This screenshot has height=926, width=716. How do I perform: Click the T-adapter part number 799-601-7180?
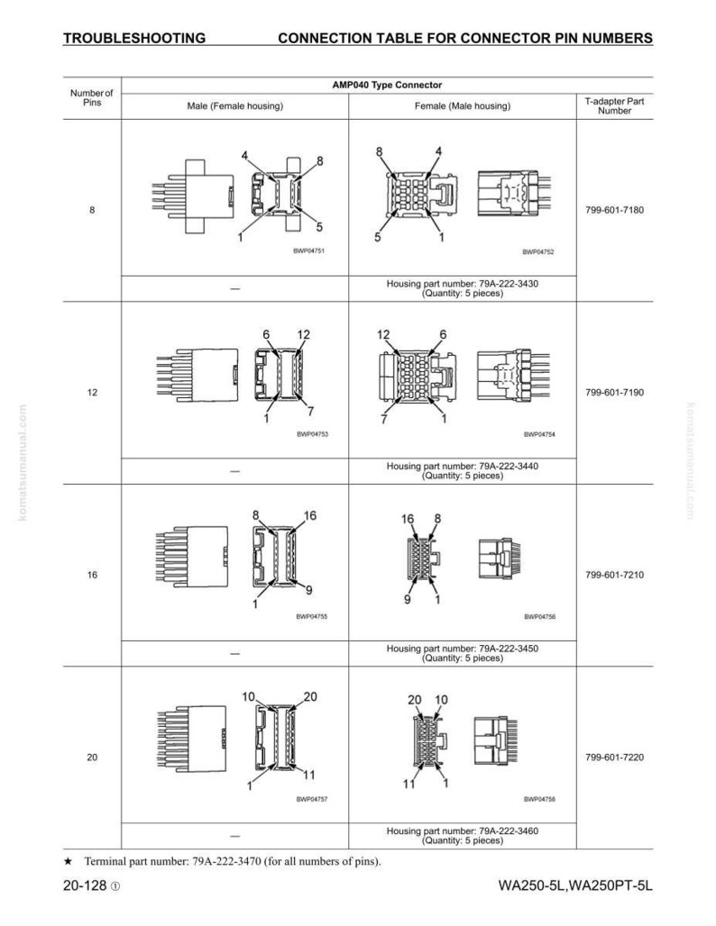614,210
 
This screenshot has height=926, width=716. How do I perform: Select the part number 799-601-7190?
614,392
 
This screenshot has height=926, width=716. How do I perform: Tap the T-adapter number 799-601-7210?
614,575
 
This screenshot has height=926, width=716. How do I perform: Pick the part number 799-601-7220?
614,757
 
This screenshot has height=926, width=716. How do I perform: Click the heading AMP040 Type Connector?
387,85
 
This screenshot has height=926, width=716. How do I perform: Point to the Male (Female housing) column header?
234,106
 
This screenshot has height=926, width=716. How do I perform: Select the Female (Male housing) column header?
463,106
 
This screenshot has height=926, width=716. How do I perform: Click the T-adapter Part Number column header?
614,105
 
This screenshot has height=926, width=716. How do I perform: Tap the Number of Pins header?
92,97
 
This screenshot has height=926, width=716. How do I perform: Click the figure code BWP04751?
308,251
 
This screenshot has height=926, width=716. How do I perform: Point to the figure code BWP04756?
540,616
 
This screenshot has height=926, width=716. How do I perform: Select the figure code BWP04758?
539,799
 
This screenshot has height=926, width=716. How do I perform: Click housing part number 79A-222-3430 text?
463,284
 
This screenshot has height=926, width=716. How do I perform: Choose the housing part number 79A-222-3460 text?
463,831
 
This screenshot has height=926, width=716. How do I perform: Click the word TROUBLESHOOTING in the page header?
134,39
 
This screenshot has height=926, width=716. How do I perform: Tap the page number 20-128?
85,885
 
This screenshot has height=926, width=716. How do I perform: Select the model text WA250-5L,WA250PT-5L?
575,885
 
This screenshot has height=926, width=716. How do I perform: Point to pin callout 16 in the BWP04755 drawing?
310,515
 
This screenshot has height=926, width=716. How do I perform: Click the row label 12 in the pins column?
92,392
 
